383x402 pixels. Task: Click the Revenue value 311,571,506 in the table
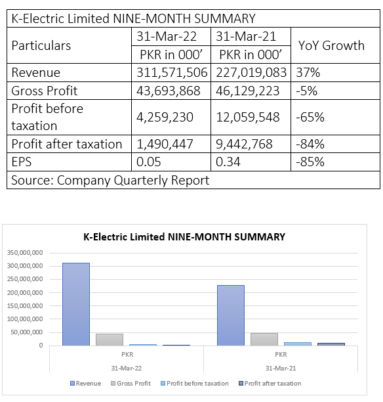tap(172, 72)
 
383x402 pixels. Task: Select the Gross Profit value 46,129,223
tap(247, 91)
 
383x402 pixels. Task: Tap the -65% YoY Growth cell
tap(310, 117)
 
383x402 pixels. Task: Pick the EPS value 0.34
tap(228, 162)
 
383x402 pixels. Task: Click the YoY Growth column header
tap(331, 45)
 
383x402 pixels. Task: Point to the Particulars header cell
tap(41, 45)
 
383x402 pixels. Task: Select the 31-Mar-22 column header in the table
tap(167, 36)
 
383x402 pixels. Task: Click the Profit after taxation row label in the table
tap(67, 144)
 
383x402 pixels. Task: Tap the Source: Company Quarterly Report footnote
tap(110, 180)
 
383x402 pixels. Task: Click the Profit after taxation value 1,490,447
tap(165, 144)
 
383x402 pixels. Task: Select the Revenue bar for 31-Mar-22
tap(76, 304)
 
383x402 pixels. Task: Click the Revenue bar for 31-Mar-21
tap(231, 315)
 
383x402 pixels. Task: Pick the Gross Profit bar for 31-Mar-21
tap(264, 340)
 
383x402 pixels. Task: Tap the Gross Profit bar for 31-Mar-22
tap(110, 340)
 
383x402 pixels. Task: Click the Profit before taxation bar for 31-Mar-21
tap(298, 344)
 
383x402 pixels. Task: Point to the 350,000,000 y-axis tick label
tap(25, 253)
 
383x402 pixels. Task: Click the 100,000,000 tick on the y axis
tap(25, 319)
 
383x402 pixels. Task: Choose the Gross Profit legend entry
tap(131, 384)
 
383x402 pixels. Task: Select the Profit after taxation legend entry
tap(270, 384)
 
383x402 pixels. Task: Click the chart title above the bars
tap(184, 237)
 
